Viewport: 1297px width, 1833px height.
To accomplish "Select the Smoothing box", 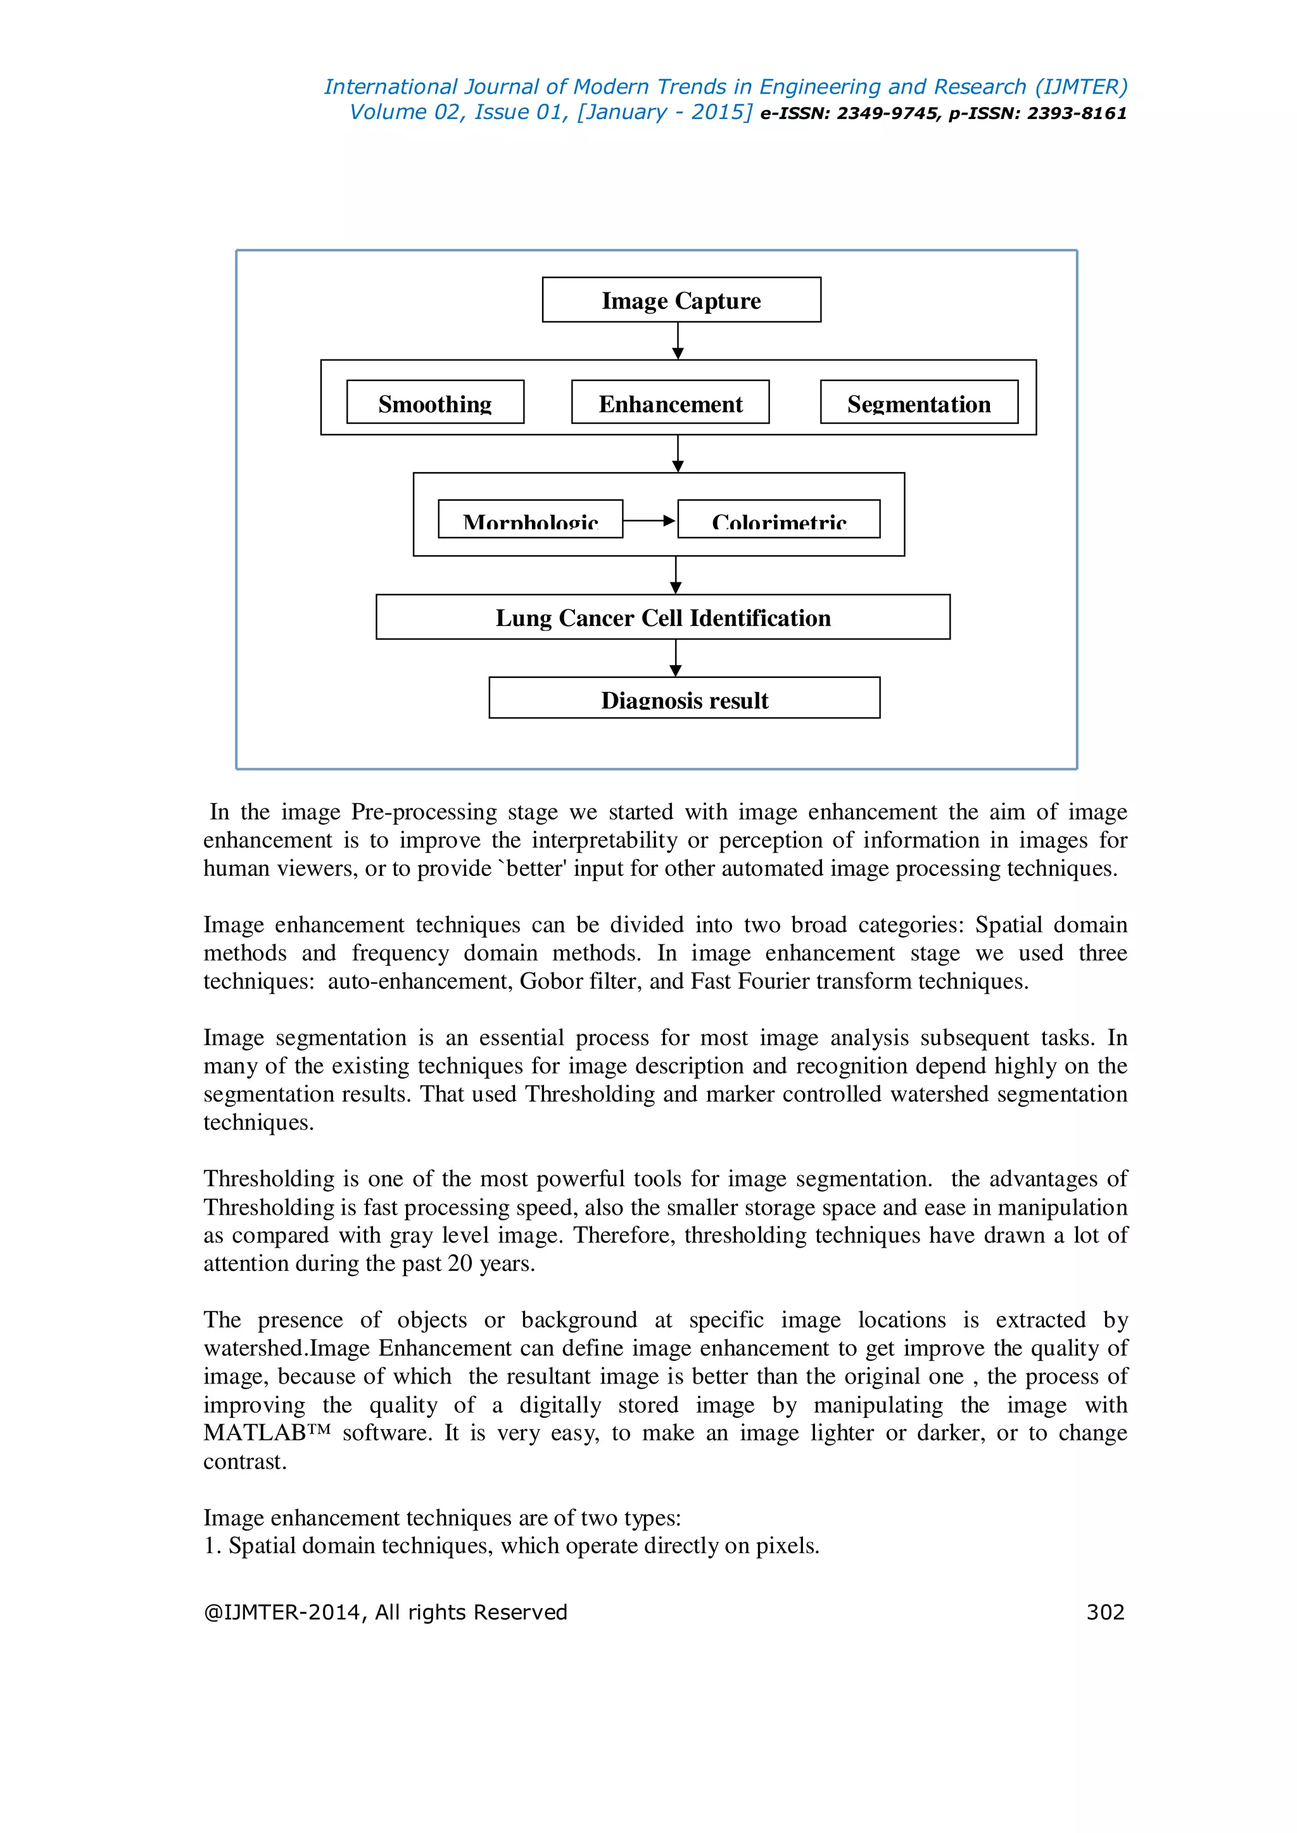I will pyautogui.click(x=434, y=403).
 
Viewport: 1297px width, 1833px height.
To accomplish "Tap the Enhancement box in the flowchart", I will pyautogui.click(x=670, y=403).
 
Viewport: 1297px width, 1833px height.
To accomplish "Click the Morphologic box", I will pyautogui.click(x=529, y=520).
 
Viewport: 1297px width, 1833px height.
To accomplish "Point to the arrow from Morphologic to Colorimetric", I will pyautogui.click(x=649, y=520).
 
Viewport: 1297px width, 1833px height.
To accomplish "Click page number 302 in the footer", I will pyautogui.click(x=1105, y=1612).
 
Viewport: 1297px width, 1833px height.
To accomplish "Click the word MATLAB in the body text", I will pyautogui.click(x=255, y=1433).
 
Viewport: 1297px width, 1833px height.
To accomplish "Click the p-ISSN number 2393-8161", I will pyautogui.click(x=1077, y=113).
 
